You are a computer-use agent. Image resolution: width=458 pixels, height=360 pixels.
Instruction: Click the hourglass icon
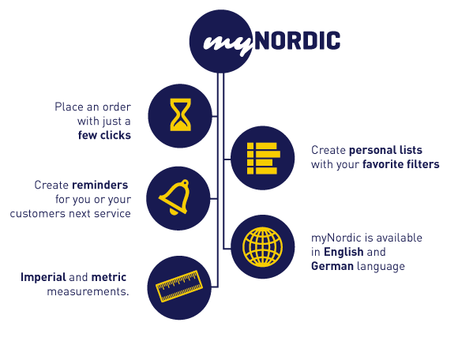tap(181, 114)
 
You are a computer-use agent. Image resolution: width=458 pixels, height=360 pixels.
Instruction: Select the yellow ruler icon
tap(179, 286)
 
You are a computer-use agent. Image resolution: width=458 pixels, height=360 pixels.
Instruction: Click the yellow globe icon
tap(263, 247)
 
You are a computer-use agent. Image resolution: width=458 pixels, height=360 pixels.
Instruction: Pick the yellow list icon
tap(264, 159)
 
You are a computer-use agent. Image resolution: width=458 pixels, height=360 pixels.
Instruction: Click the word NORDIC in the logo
tap(298, 40)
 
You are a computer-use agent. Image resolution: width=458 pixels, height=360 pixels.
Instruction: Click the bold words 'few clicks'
tap(104, 135)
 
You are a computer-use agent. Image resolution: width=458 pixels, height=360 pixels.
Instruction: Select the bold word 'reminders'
tap(100, 185)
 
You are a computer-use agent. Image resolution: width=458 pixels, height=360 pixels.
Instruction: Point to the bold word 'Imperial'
tap(43, 277)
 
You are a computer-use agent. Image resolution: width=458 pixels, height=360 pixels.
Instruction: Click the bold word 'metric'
tap(109, 277)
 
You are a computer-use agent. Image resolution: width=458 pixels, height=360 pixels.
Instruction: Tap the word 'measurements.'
tap(88, 291)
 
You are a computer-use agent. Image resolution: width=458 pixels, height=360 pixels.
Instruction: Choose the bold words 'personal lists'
tap(385, 150)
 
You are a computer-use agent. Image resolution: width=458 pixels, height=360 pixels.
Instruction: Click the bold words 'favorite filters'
tap(401, 164)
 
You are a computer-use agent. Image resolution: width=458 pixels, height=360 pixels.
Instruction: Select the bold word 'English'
tap(343, 252)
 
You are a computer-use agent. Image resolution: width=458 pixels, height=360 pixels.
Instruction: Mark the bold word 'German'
tap(332, 266)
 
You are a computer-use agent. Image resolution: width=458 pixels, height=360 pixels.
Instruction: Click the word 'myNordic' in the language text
tap(336, 238)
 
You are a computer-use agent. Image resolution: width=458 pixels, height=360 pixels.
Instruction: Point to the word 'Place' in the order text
tap(69, 107)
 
